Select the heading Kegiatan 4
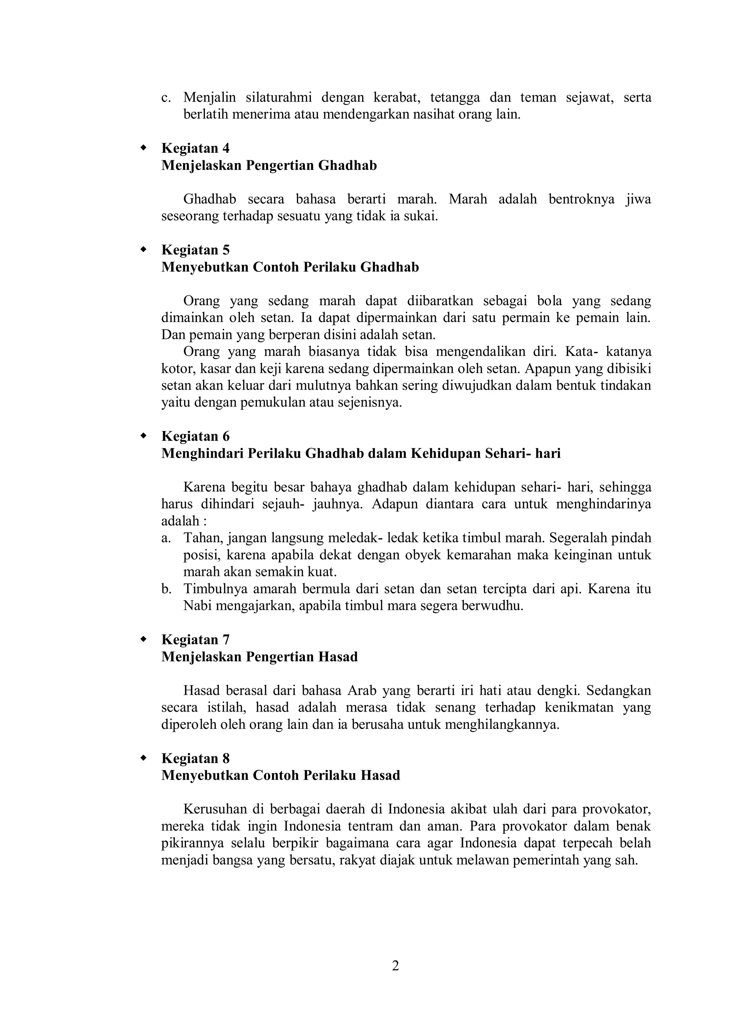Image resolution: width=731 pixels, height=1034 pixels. (x=195, y=148)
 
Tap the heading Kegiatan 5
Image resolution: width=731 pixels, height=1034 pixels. (x=195, y=250)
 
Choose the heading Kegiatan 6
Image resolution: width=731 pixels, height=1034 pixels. (x=195, y=436)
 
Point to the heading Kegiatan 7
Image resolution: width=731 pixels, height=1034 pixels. (x=195, y=640)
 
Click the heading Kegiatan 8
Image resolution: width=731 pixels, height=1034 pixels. (x=195, y=759)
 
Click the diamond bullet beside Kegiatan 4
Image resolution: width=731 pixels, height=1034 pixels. (x=143, y=147)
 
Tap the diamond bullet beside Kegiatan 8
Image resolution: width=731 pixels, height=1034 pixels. (x=143, y=758)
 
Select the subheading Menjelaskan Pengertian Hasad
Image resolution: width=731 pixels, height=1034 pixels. (x=259, y=657)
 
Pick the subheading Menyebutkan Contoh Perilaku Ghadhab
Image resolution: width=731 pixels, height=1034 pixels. (x=290, y=267)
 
